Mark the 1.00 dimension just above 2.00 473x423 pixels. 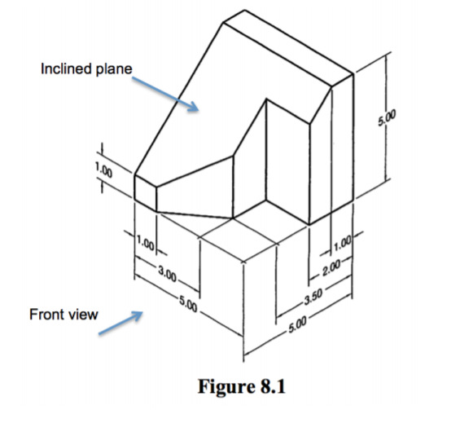341,240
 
